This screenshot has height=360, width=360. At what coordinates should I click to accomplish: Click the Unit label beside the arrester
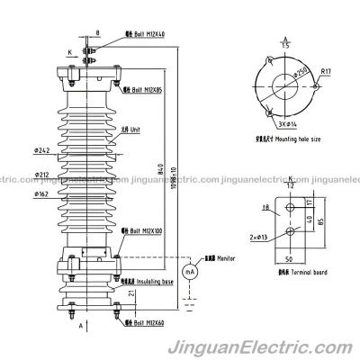click(143, 129)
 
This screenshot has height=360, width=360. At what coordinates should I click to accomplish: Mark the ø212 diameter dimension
click(42, 175)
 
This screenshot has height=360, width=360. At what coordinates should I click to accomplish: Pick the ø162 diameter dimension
click(42, 193)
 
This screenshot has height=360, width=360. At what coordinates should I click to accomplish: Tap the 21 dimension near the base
click(131, 292)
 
